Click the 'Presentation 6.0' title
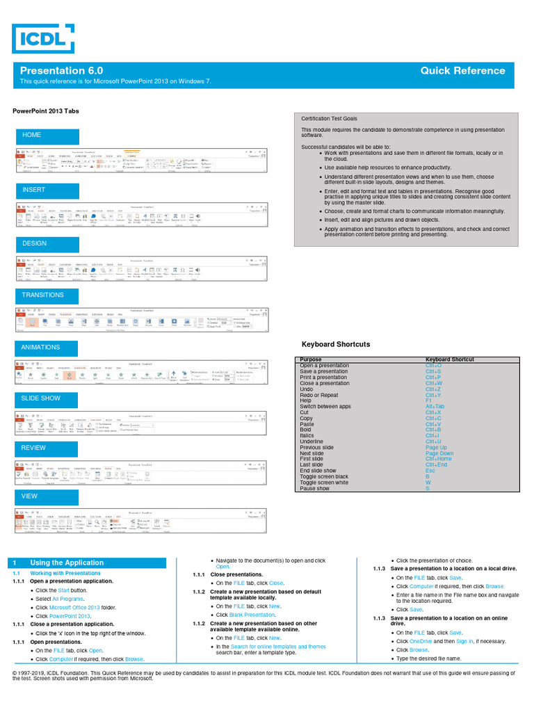(61, 71)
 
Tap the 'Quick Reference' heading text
(462, 71)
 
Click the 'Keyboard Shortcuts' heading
(335, 344)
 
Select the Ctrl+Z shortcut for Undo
(434, 389)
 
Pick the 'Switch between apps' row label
(325, 407)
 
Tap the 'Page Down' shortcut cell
(439, 453)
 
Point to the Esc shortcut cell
(430, 471)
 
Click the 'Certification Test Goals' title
(329, 119)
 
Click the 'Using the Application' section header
(67, 563)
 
